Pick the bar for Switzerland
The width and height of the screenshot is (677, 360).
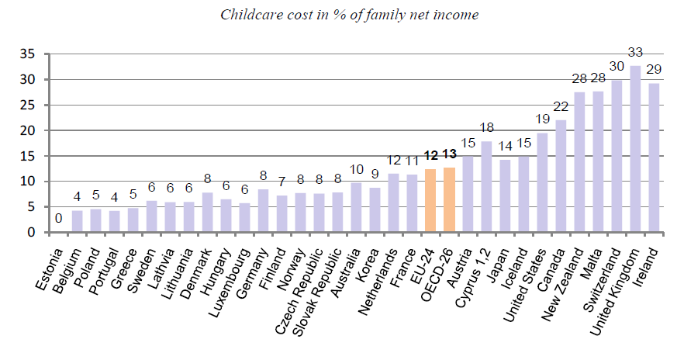pos(617,156)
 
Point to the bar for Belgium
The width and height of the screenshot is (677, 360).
pos(78,222)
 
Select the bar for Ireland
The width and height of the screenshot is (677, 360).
pos(654,158)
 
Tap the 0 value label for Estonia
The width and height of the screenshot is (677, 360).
pos(58,220)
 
